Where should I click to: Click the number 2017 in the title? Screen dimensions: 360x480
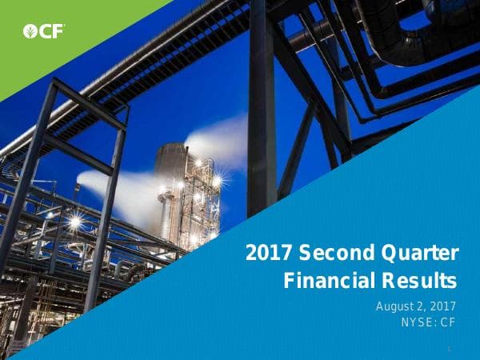coord(269,255)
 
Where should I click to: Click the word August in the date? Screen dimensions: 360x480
coord(398,307)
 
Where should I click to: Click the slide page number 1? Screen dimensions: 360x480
coord(450,349)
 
